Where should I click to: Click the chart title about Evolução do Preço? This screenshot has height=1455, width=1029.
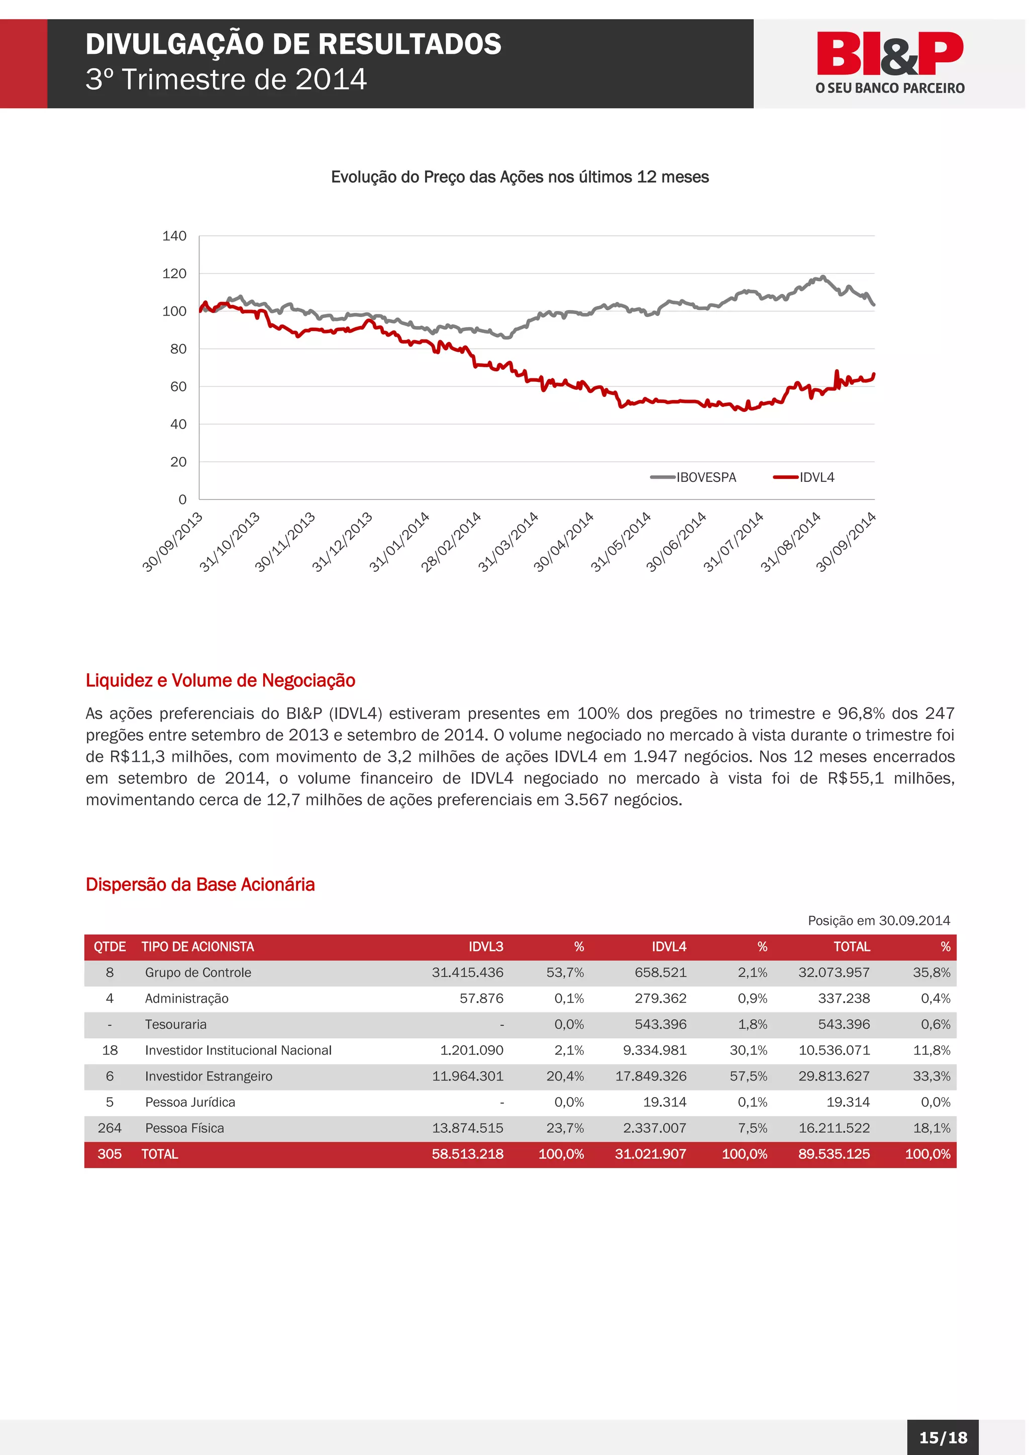coord(519,177)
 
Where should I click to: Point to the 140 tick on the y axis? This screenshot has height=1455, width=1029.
coord(174,236)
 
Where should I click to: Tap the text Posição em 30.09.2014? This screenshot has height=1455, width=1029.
coord(878,920)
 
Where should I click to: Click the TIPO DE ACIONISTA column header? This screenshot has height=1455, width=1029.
coord(197,946)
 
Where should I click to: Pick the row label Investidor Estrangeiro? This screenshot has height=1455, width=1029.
coord(209,1076)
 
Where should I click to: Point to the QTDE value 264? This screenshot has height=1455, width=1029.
coord(109,1128)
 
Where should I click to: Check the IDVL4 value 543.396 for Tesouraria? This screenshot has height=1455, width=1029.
coord(660,1024)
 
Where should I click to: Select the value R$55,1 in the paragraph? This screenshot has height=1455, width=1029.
coord(855,778)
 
